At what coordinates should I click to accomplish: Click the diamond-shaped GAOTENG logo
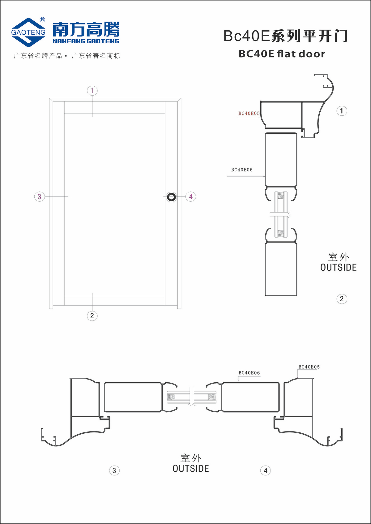click(x=28, y=32)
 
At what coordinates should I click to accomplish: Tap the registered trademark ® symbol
click(x=42, y=20)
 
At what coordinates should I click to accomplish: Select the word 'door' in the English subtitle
click(x=312, y=54)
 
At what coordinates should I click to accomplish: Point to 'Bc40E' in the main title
click(x=247, y=36)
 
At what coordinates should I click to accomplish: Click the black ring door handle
click(x=171, y=197)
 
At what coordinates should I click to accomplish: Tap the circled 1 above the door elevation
click(x=92, y=91)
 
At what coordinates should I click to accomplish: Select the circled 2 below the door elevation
click(x=92, y=316)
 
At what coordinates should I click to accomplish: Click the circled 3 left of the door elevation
click(x=40, y=196)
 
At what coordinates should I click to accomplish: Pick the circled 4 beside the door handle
click(x=191, y=196)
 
